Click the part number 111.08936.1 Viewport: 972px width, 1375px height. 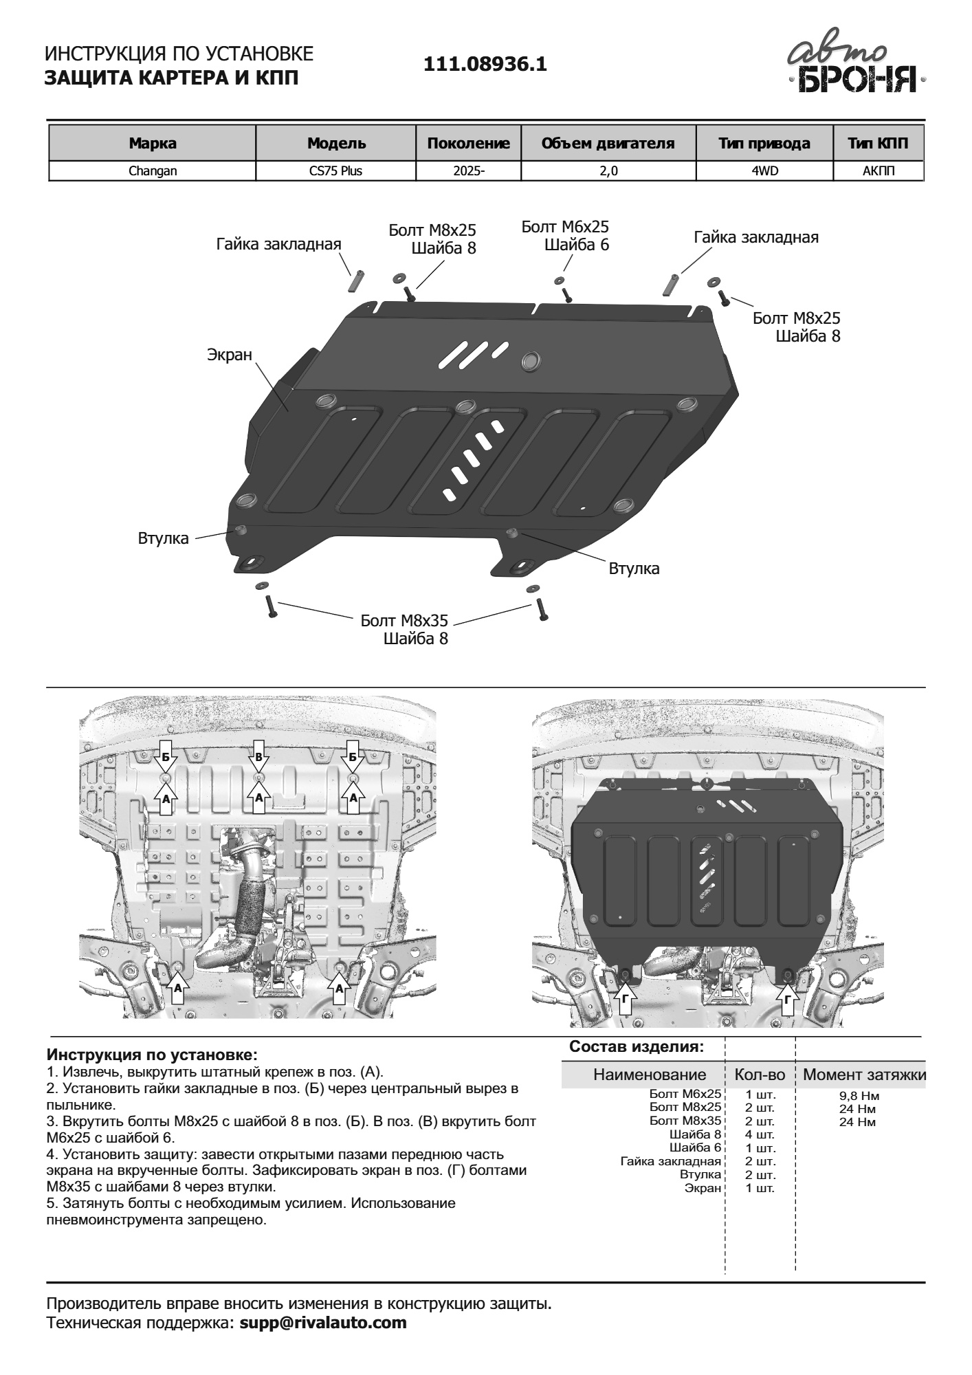coord(485,65)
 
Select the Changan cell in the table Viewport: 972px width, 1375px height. coord(153,171)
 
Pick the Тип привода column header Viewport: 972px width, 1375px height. coord(764,144)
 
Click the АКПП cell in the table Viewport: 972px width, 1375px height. coord(878,171)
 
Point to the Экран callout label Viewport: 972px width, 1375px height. coord(230,355)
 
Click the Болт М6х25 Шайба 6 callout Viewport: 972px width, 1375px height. coord(565,236)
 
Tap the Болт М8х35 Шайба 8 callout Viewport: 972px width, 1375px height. coord(405,629)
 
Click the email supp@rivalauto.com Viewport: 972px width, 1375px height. coord(323,1322)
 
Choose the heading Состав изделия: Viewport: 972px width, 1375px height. coord(637,1047)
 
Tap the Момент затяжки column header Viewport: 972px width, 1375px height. coord(864,1075)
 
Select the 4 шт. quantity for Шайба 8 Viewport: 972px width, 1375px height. coord(760,1134)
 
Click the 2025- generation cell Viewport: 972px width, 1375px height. coord(468,171)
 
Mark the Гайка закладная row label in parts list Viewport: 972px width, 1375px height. coord(670,1161)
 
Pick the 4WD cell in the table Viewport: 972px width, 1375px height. coord(764,171)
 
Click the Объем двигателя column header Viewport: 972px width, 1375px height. coord(608,144)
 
